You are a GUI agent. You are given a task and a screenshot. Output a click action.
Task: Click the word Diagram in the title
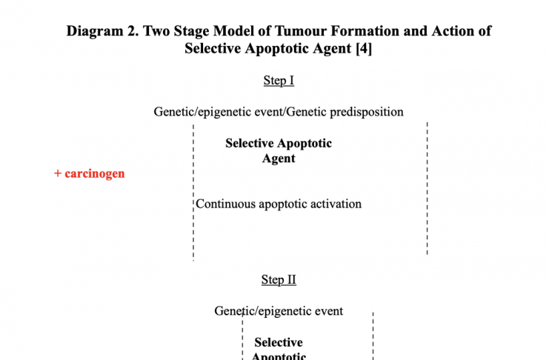tap(95, 31)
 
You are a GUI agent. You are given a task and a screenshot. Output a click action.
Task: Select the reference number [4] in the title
tap(364, 48)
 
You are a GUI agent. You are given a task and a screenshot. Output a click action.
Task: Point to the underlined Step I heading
tap(279, 81)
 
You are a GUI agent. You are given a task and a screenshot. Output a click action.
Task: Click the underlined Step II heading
tap(279, 280)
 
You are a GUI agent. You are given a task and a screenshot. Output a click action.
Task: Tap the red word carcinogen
tap(95, 173)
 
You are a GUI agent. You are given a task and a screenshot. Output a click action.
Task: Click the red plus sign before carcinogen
tap(58, 173)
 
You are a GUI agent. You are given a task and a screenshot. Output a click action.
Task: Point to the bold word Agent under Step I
tap(279, 159)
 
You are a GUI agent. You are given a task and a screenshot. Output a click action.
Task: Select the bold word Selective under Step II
tap(279, 342)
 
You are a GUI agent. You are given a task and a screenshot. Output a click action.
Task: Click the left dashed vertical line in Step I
tap(193, 193)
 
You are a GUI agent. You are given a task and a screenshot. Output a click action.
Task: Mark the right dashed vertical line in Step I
tap(427, 188)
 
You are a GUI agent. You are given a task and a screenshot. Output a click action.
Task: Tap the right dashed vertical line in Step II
tap(373, 336)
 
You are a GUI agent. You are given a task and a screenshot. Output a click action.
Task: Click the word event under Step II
tap(328, 311)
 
